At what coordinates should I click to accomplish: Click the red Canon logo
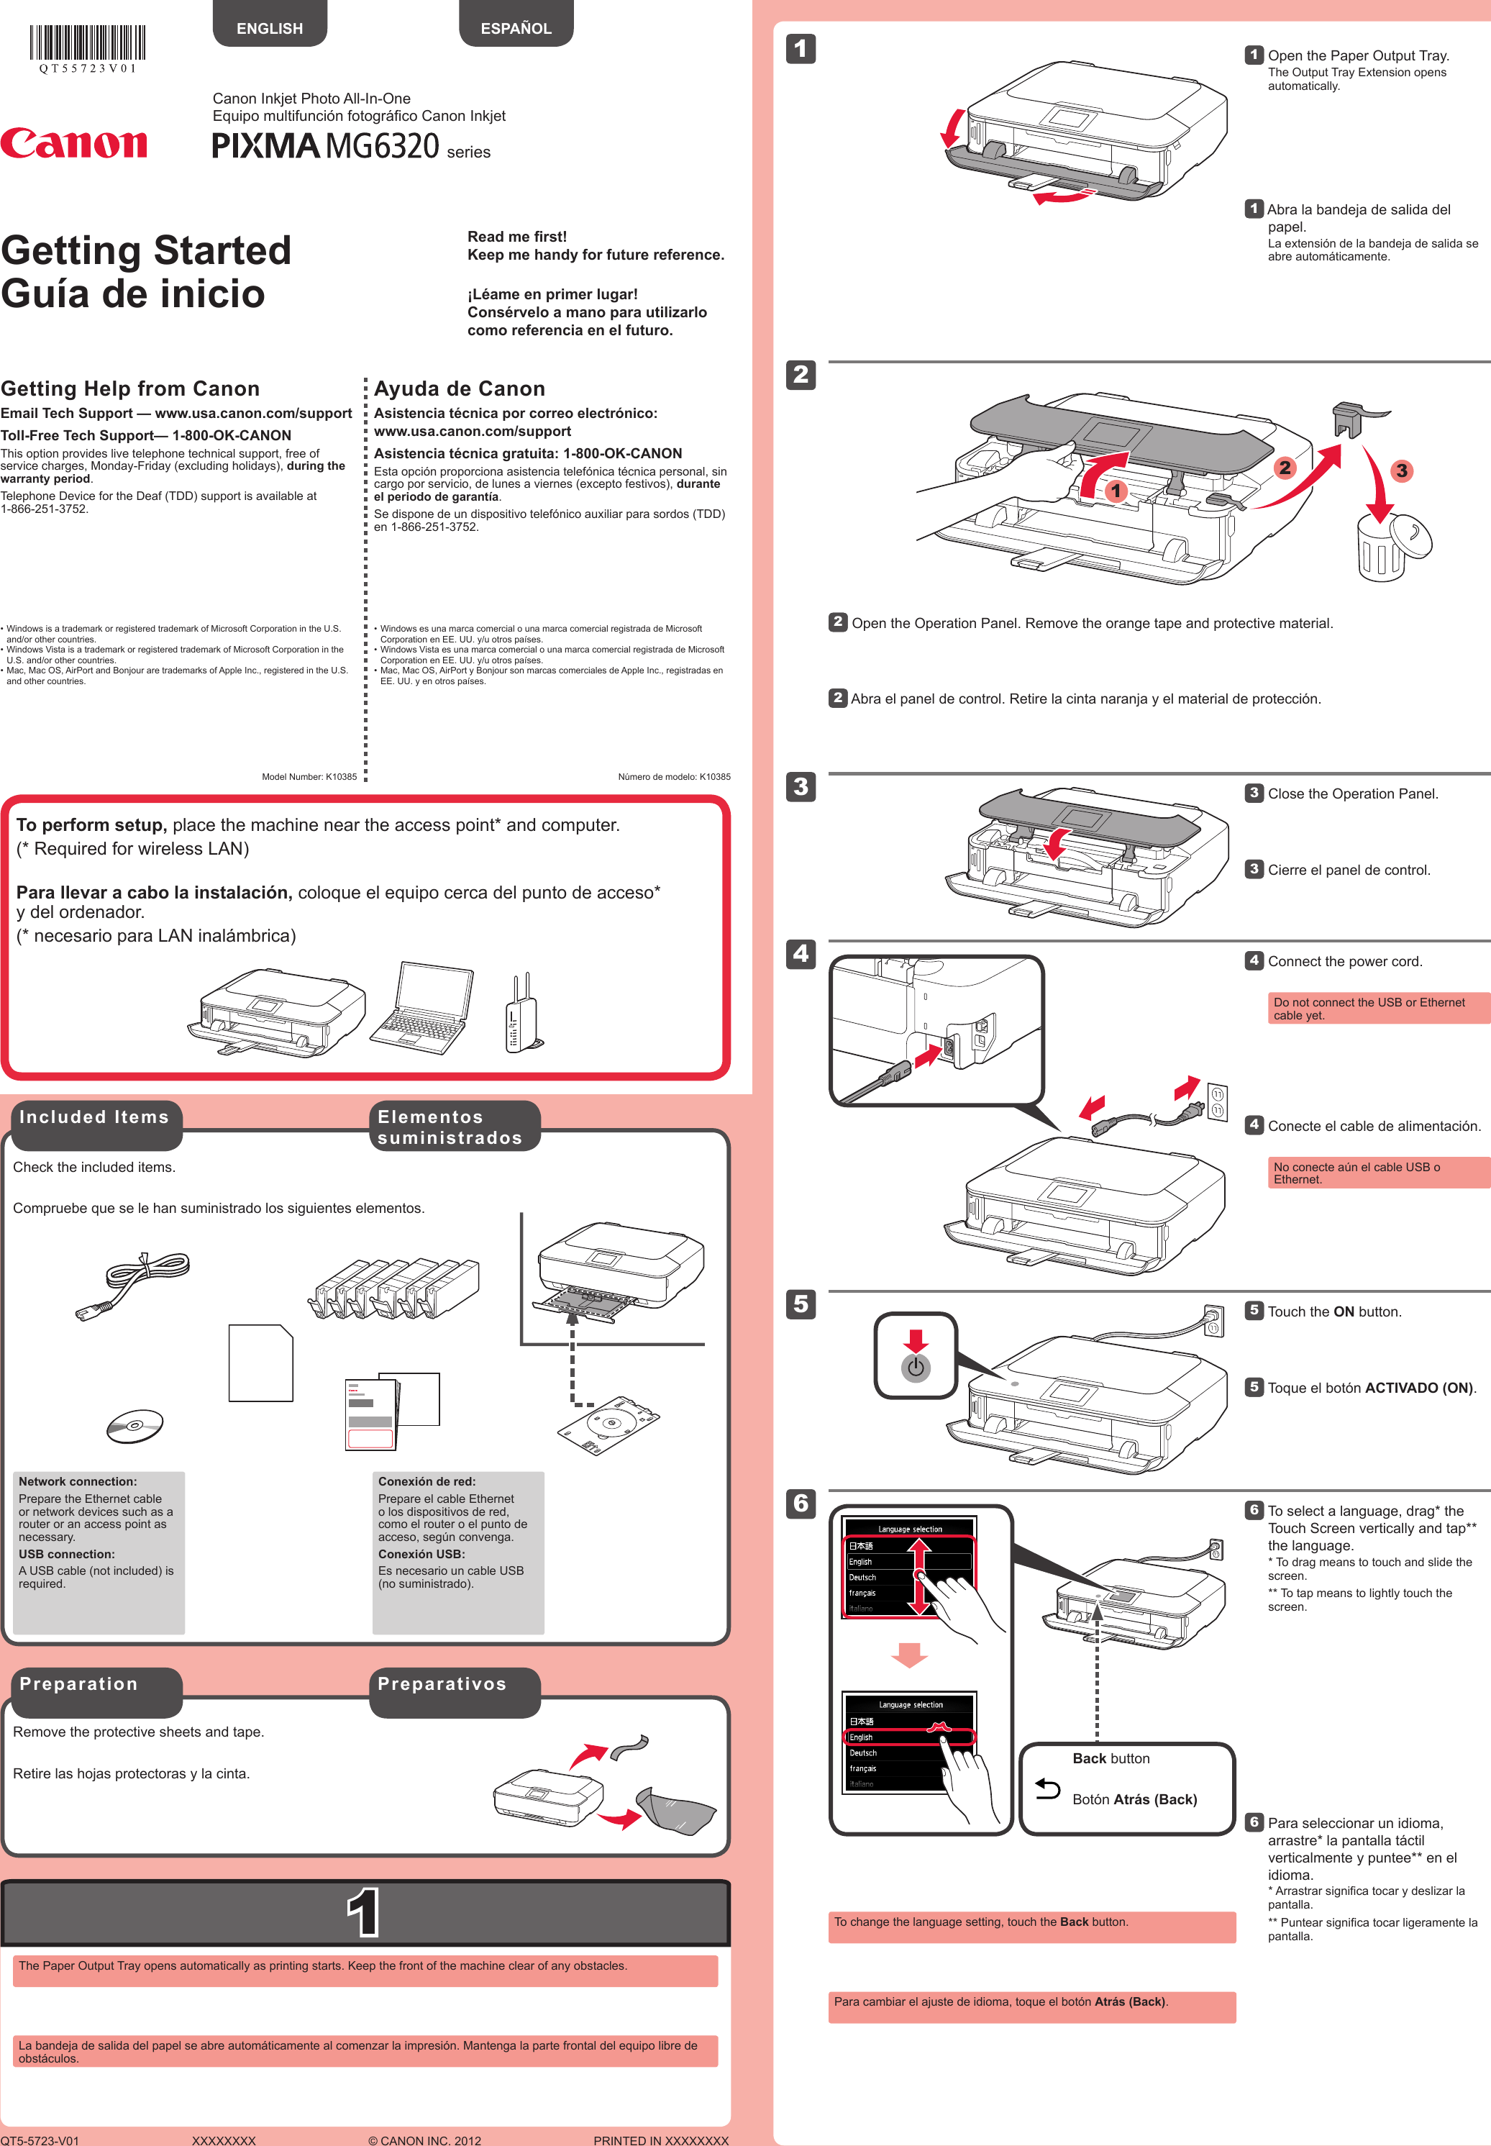point(74,143)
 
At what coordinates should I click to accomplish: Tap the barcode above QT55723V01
point(87,42)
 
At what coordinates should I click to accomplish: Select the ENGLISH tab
point(270,27)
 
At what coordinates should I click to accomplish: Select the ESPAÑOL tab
point(516,27)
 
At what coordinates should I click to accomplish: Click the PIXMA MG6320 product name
point(325,147)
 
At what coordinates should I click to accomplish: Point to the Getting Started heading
point(146,250)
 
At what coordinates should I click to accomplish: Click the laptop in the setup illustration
point(421,1007)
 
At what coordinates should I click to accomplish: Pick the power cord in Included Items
point(134,1283)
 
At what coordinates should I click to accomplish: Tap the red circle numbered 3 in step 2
point(1400,471)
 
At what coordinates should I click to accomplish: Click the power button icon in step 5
point(916,1367)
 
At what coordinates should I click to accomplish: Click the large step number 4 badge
point(801,954)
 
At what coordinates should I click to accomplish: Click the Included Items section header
point(94,1117)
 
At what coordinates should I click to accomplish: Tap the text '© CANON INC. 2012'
point(424,2140)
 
